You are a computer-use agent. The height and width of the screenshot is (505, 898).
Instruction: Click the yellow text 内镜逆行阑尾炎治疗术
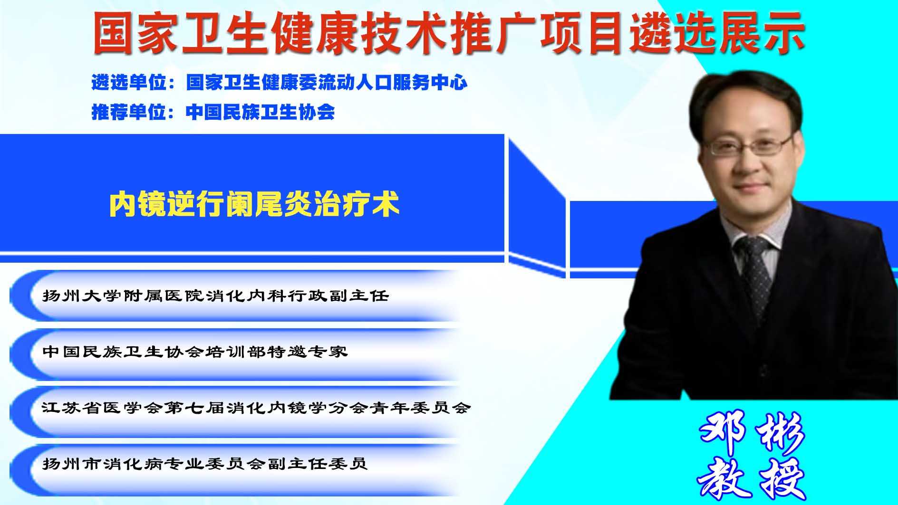point(254,204)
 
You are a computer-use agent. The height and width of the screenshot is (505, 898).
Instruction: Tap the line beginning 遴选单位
point(280,82)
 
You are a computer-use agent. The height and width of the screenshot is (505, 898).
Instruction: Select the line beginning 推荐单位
point(213,112)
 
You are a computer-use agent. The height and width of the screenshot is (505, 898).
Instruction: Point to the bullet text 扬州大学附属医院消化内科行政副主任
point(216,295)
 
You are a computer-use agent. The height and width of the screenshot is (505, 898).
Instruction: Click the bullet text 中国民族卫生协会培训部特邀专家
point(195,352)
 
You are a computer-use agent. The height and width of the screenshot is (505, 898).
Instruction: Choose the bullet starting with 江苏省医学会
point(256,408)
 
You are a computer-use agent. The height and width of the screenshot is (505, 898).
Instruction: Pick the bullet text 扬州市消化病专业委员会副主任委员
point(205,463)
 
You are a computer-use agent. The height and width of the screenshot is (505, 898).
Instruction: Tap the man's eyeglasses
point(748,145)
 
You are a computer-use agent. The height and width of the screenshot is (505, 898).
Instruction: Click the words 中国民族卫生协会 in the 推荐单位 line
point(261,112)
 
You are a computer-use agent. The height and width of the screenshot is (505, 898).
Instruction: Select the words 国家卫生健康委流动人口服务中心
point(327,82)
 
